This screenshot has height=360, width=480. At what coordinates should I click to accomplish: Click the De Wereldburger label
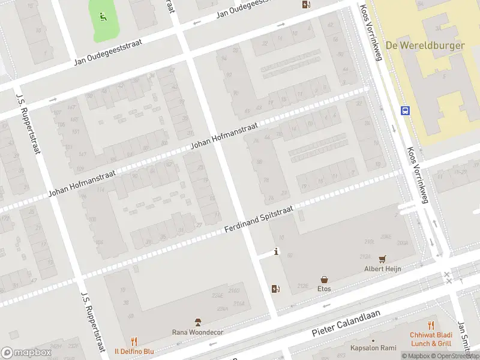425,46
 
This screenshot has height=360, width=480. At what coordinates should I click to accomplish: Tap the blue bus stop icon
406,110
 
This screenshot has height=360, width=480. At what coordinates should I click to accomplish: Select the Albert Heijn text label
382,269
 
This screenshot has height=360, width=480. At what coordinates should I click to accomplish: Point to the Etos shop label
324,289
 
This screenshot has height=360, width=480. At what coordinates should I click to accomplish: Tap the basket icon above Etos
324,279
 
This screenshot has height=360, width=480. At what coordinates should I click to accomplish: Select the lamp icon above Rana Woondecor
197,323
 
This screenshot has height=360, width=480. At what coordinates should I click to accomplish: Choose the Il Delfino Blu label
134,352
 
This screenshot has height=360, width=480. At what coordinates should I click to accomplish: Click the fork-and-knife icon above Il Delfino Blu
134,341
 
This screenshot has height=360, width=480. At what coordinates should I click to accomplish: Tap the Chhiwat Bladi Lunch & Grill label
430,340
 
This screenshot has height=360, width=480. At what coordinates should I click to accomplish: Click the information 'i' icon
276,252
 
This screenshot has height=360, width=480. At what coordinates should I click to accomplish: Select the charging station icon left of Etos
275,289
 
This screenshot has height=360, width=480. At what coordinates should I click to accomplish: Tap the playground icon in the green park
103,17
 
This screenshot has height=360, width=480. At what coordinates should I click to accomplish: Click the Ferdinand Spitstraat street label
259,219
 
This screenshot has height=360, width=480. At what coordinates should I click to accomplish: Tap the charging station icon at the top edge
307,5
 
